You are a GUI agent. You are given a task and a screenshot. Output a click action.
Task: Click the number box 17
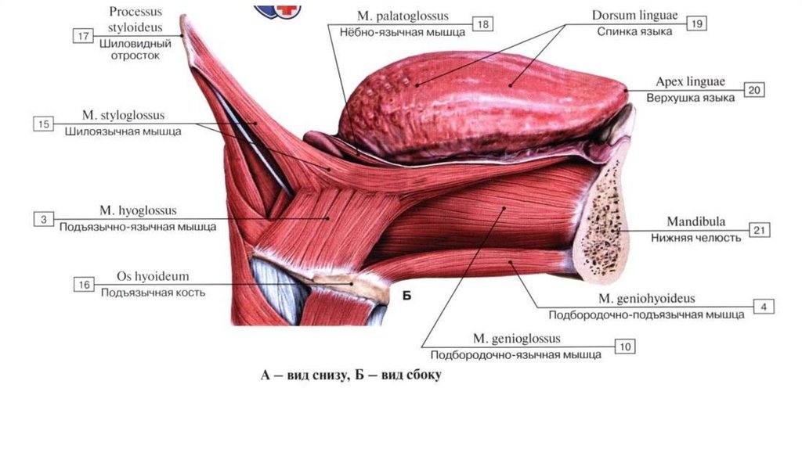pos(83,35)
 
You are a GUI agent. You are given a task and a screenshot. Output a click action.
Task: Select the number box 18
pos(483,25)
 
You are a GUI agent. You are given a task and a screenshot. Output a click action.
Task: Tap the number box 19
pos(696,24)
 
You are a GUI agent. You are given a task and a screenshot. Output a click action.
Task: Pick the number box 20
pos(754,90)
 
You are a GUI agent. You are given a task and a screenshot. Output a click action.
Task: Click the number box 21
pos(759,230)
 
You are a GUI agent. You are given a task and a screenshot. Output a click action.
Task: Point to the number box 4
pos(764,307)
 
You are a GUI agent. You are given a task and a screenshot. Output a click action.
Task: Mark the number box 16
pos(84,285)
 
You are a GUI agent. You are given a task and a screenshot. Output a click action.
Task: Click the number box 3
pos(44,219)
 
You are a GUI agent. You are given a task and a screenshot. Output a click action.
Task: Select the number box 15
pos(44,124)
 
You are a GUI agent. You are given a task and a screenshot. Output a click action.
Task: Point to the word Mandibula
pos(695,222)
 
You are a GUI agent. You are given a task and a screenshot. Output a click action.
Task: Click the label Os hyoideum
pos(153,277)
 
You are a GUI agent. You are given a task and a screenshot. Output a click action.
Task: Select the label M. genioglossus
pos(517,339)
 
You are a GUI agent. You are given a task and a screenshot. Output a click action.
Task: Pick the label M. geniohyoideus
pos(647,299)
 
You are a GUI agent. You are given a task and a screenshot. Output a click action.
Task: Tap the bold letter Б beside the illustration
pos(407,295)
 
